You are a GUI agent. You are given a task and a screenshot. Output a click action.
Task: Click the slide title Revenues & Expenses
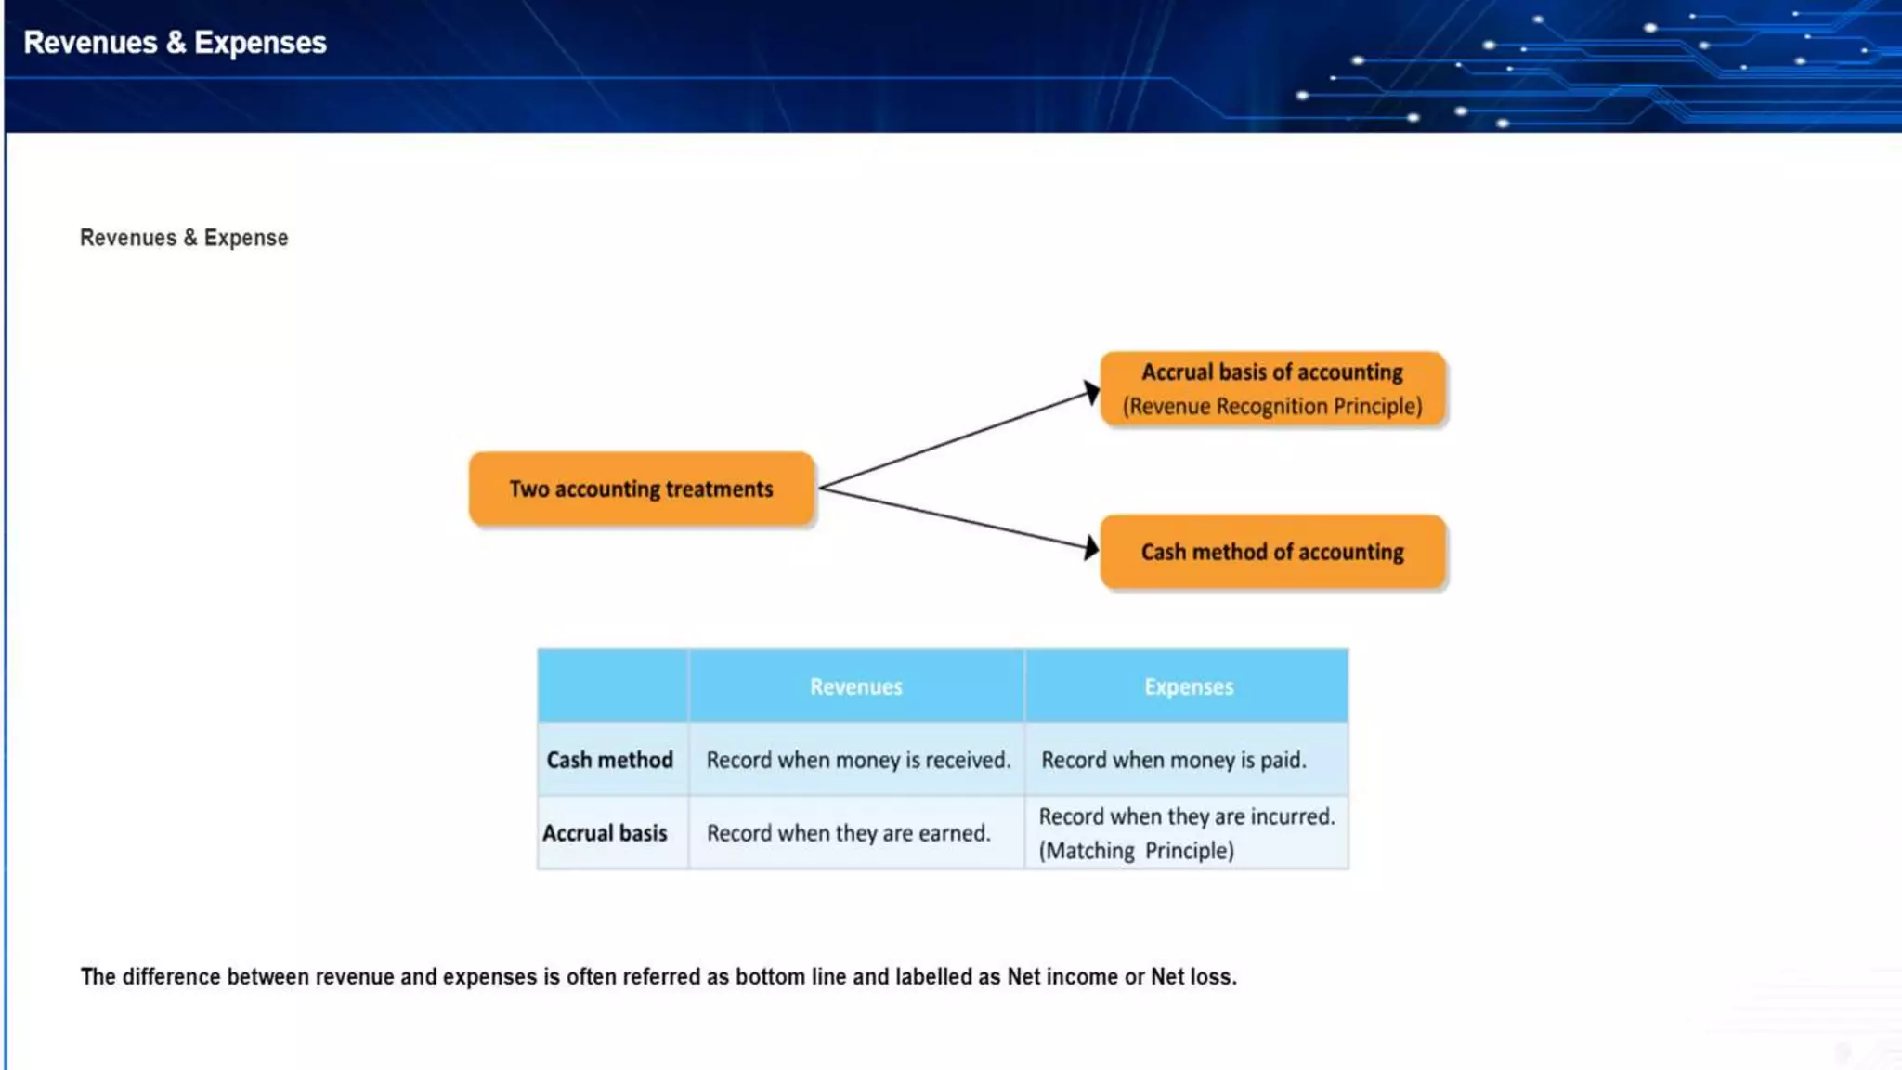click(x=175, y=43)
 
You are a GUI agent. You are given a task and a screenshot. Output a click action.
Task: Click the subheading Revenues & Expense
click(x=184, y=238)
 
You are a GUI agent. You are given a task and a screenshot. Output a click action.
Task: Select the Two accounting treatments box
click(x=641, y=489)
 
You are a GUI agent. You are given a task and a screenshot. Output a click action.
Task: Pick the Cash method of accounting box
click(x=1271, y=553)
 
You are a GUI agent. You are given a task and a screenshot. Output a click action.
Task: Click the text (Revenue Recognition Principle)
click(x=1271, y=407)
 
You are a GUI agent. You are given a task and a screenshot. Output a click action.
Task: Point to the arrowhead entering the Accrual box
click(x=1091, y=393)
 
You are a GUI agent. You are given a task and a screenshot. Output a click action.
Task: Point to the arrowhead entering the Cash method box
click(x=1091, y=548)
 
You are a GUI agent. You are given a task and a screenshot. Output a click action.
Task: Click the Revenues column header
click(x=855, y=687)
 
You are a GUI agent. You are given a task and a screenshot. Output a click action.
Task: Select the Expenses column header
click(x=1188, y=687)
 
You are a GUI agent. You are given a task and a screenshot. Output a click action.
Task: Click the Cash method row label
click(x=609, y=761)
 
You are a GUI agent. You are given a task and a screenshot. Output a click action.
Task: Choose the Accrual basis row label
click(x=605, y=834)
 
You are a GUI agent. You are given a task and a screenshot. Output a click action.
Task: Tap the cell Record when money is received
click(x=857, y=761)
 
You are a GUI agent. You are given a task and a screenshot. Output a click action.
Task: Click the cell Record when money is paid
click(x=1173, y=761)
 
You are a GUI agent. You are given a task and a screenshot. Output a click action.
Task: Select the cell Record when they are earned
click(x=848, y=834)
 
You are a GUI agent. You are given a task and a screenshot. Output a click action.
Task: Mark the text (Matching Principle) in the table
click(x=1136, y=851)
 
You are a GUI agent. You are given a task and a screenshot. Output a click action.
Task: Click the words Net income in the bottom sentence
click(x=1062, y=977)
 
